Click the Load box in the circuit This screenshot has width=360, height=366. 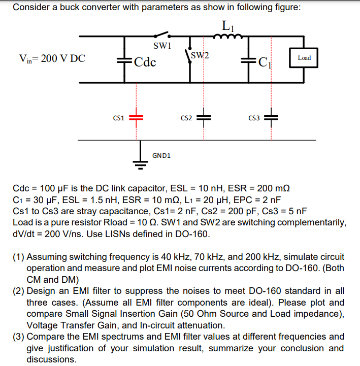(304, 58)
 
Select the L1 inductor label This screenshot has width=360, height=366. (227, 24)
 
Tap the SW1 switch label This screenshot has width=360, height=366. (161, 46)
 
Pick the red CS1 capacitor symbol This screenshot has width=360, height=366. (136, 118)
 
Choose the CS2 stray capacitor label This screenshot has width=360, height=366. (186, 118)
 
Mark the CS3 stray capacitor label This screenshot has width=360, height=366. (254, 118)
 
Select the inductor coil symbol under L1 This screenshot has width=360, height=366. (227, 36)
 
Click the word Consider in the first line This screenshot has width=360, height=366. (29, 8)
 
